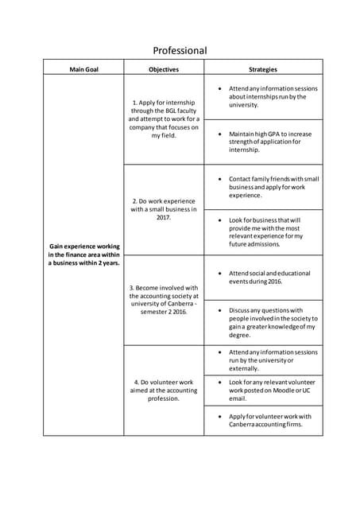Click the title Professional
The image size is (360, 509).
tap(180, 50)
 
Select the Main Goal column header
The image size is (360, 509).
tap(83, 69)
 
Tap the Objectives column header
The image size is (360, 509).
tap(164, 69)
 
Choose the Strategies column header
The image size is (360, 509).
tap(263, 69)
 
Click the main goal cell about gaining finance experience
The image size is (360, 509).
tap(83, 254)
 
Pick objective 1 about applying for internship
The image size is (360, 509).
tap(164, 119)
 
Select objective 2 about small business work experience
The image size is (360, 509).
tap(164, 208)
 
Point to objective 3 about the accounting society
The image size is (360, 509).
tap(164, 299)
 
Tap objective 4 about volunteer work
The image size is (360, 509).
tap(164, 390)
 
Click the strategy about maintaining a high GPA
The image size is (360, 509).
tap(269, 142)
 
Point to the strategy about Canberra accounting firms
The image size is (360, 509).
tap(269, 420)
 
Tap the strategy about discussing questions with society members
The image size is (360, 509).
tap(271, 322)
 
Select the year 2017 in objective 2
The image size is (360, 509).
tap(164, 217)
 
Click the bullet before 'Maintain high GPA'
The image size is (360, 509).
tap(219, 134)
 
